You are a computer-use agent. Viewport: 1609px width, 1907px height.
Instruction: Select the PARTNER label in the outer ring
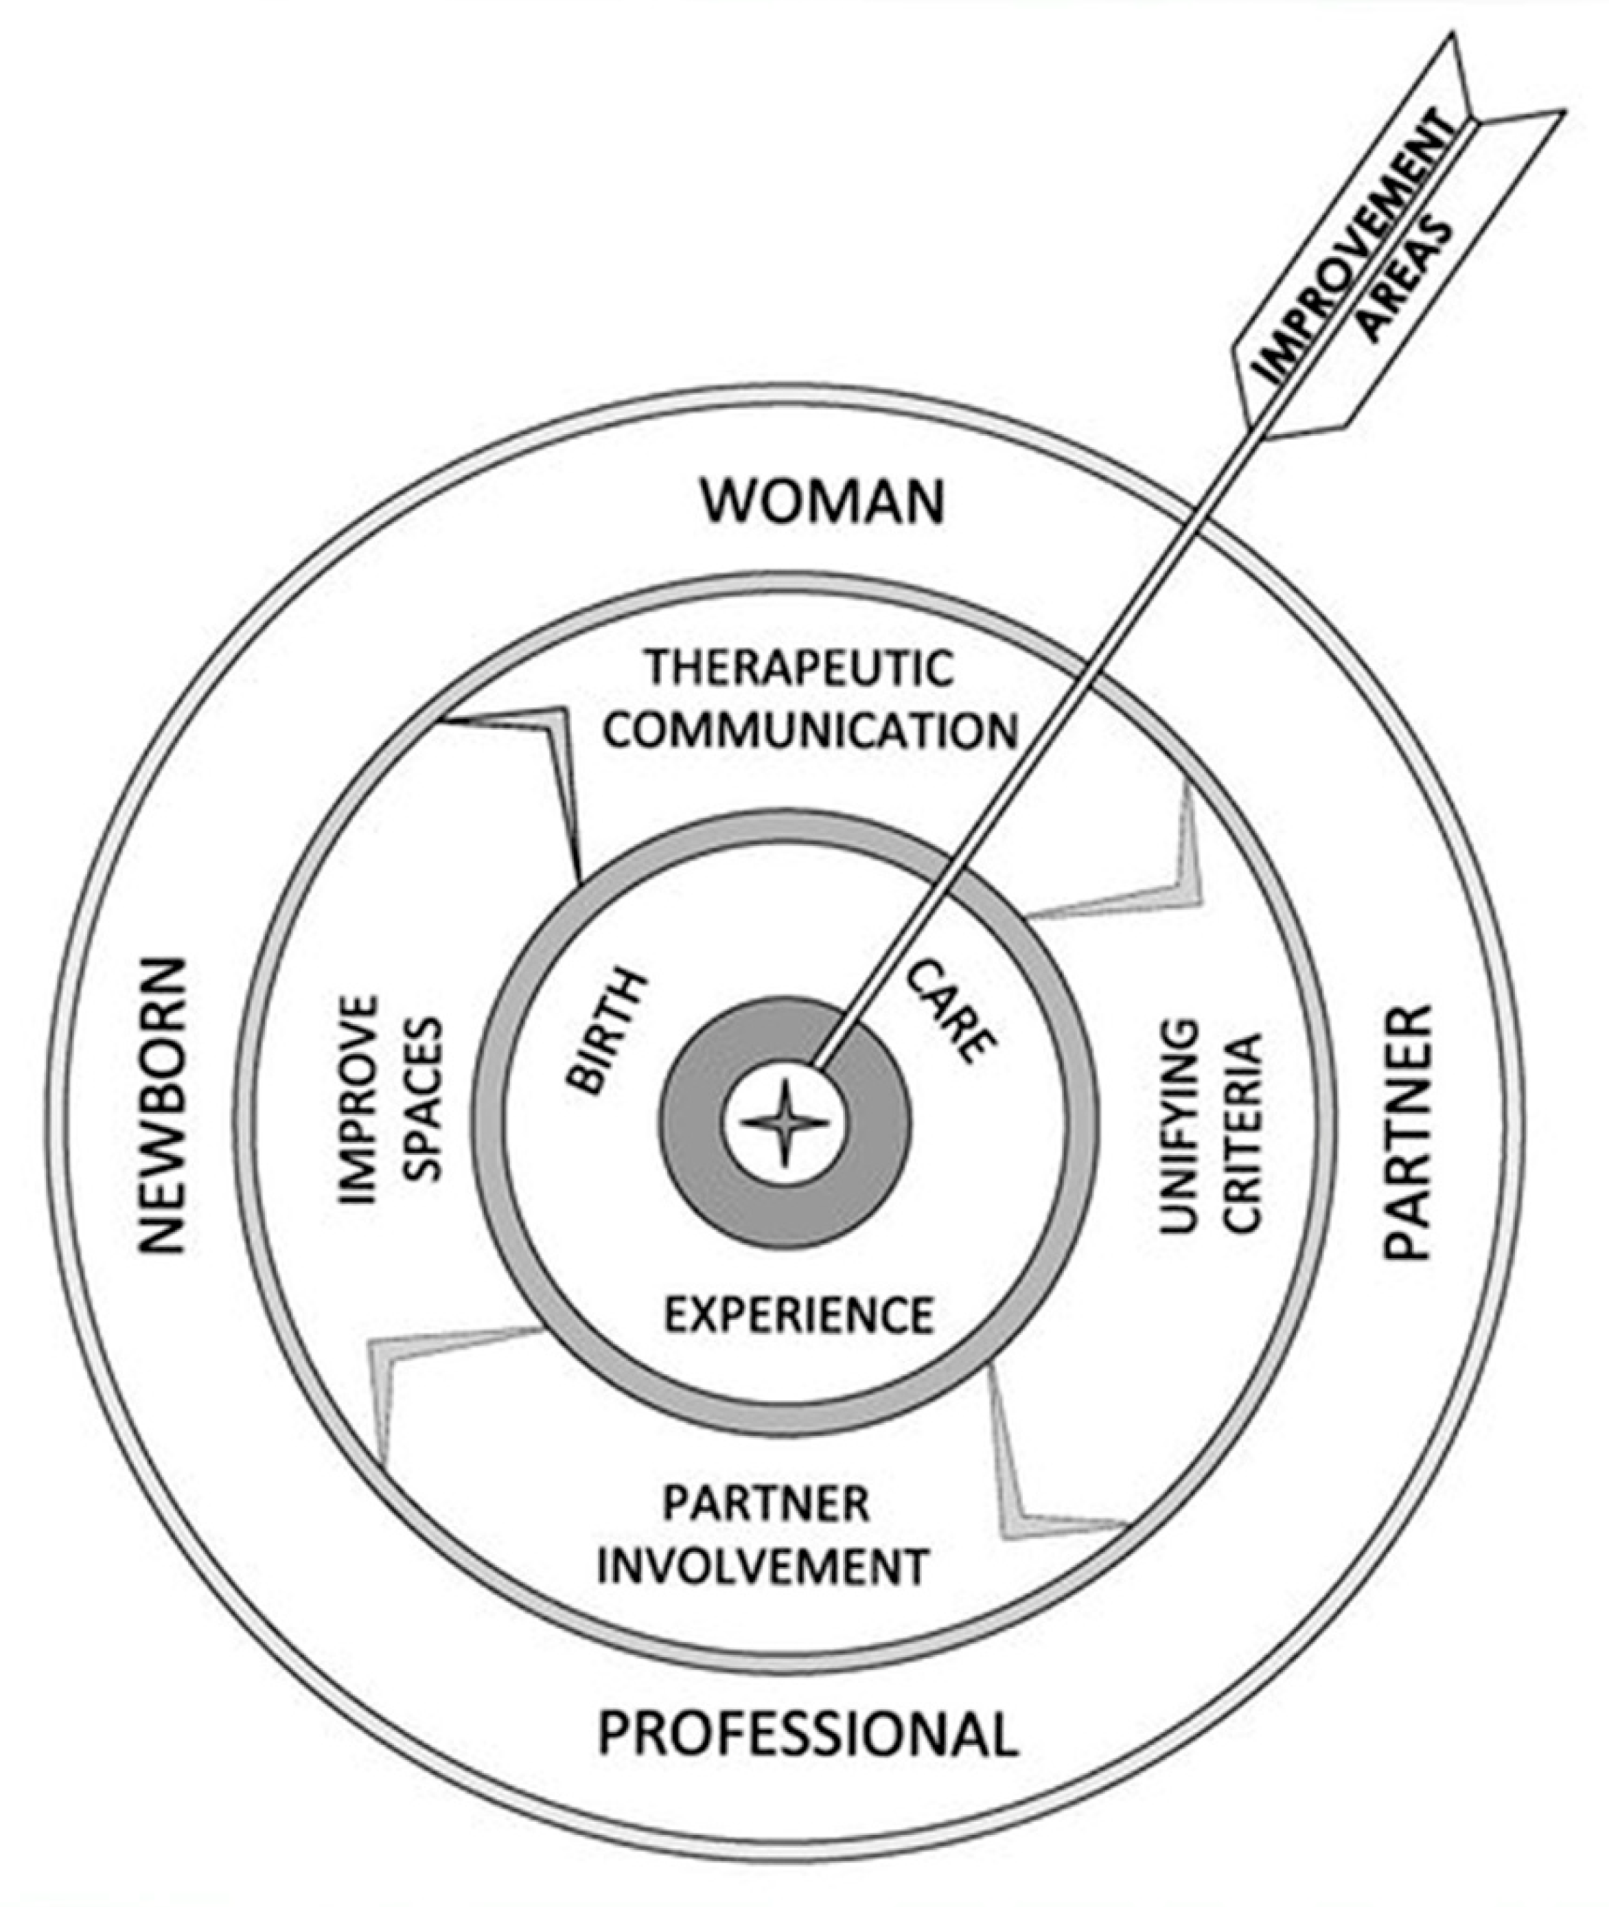[x=1407, y=1132]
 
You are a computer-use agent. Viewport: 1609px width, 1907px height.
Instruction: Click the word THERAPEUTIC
[x=800, y=668]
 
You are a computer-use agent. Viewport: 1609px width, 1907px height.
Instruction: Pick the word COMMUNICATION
[x=811, y=730]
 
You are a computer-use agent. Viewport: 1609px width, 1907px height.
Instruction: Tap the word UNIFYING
[x=1179, y=1126]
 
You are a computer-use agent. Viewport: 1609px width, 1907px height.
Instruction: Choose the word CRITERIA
[x=1242, y=1132]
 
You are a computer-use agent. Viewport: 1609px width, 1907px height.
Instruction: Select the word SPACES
[x=421, y=1100]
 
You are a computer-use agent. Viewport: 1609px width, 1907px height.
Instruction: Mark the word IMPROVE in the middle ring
[x=358, y=1099]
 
